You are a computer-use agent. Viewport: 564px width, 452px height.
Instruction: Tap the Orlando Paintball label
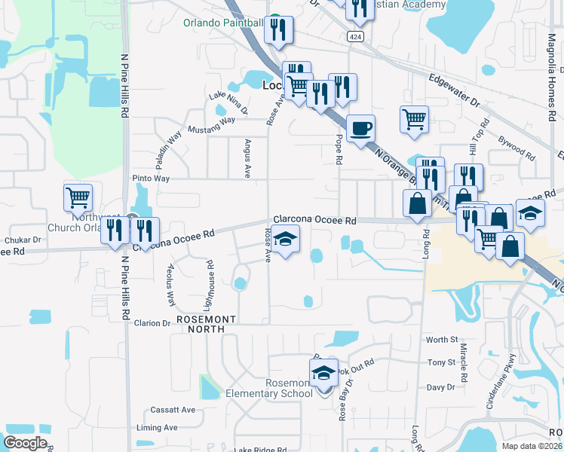point(222,23)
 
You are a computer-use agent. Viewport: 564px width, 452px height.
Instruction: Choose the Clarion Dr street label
point(152,323)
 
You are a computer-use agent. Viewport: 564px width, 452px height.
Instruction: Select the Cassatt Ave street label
point(173,410)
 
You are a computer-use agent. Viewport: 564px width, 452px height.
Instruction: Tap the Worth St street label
point(442,341)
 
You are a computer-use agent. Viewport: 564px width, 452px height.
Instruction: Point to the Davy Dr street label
point(440,387)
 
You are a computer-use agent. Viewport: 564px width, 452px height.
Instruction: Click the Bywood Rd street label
point(517,147)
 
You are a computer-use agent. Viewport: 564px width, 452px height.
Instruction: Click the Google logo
point(25,443)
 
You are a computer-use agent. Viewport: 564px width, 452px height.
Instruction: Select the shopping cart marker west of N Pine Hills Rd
point(78,198)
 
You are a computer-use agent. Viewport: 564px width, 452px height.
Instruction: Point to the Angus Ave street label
point(247,157)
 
